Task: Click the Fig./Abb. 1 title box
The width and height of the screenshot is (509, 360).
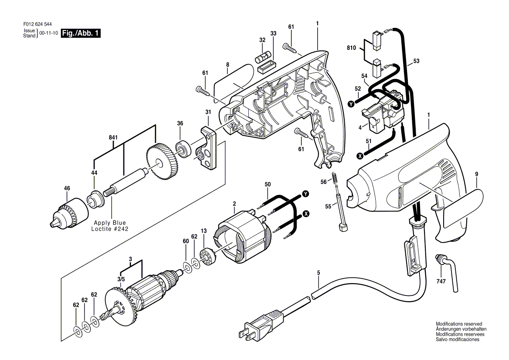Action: pos(81,33)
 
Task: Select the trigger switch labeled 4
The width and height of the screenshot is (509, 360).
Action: pos(383,110)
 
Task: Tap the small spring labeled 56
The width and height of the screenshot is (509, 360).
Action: pos(334,178)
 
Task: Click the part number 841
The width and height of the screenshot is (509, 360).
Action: pos(113,138)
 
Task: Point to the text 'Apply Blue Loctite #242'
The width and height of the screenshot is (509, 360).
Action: pos(110,226)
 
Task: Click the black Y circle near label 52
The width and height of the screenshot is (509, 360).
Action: pos(351,104)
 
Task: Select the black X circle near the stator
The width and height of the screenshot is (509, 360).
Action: pos(306,213)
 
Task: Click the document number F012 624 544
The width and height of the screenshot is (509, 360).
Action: pos(37,24)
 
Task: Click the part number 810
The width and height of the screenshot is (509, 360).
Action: pos(351,48)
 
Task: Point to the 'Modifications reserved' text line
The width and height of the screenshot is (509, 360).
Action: pos(459,324)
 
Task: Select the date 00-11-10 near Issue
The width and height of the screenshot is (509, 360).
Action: pos(49,33)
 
